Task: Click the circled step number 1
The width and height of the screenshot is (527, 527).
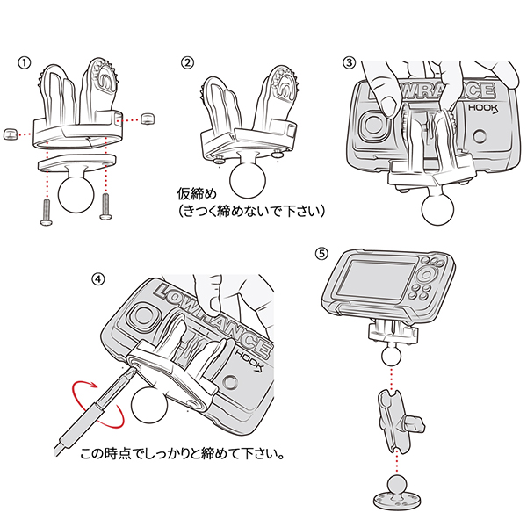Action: [x=25, y=63]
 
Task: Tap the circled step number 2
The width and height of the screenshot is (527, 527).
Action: [x=186, y=63]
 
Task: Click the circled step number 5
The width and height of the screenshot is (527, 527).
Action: [x=321, y=253]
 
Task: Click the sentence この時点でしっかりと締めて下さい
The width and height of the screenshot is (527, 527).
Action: [x=184, y=457]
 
